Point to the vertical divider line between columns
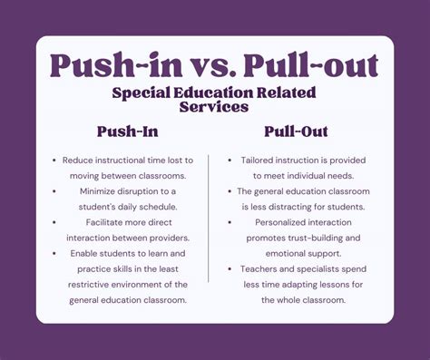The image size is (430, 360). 210,218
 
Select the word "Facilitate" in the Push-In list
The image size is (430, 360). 103,222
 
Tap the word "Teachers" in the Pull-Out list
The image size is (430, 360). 261,268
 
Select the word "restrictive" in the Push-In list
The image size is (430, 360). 90,284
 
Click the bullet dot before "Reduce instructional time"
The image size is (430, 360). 55,161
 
